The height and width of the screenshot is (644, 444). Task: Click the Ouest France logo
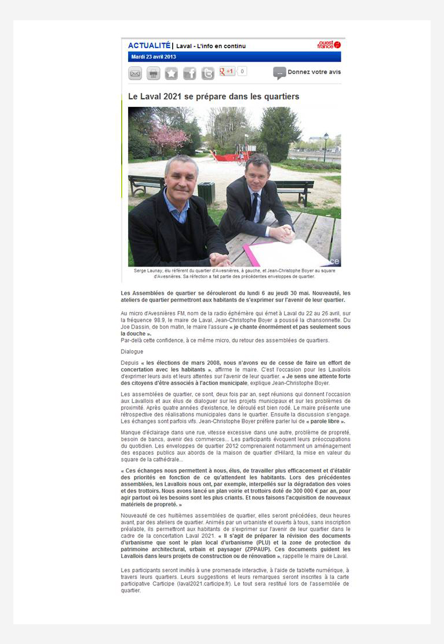click(x=329, y=45)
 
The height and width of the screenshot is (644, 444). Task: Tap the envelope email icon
click(x=135, y=73)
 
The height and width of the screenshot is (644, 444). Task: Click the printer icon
click(x=153, y=73)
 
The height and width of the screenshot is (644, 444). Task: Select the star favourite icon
click(x=171, y=73)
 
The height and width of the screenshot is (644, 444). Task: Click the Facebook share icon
click(x=190, y=73)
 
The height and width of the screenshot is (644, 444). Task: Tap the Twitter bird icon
click(x=208, y=73)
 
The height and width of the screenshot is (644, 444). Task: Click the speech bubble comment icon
click(x=279, y=73)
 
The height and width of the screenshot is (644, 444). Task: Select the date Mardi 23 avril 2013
click(x=154, y=57)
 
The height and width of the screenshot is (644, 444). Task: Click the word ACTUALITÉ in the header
click(x=149, y=45)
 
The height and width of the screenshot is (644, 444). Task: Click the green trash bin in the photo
click(x=206, y=192)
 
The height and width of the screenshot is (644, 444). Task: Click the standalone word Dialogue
click(x=132, y=351)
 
